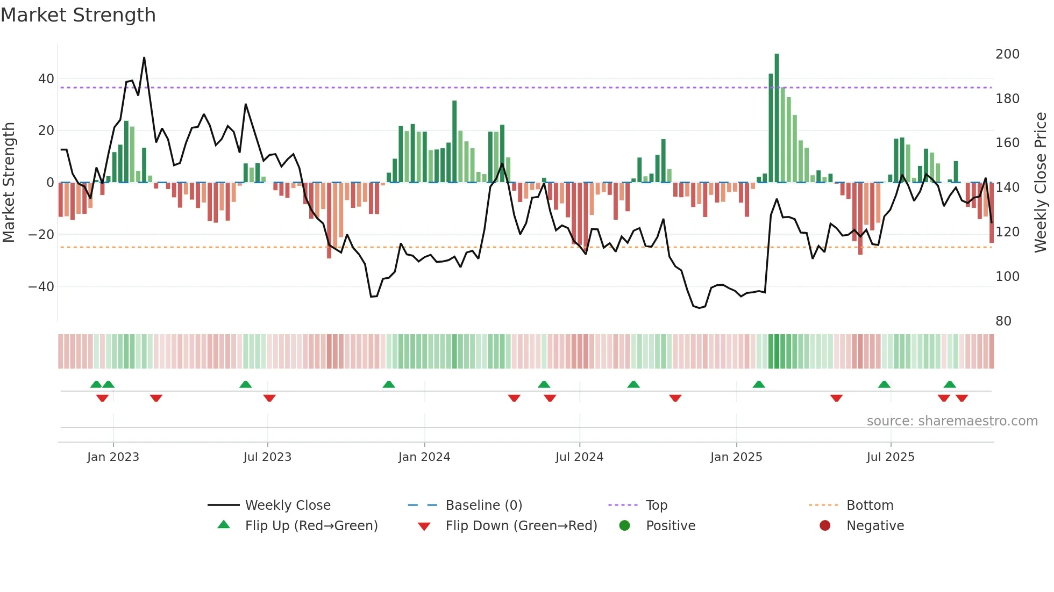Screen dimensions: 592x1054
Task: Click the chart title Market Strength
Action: pyautogui.click(x=79, y=15)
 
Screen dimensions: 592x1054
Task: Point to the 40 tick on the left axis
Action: pyautogui.click(x=46, y=79)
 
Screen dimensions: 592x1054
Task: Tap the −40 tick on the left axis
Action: pyautogui.click(x=41, y=287)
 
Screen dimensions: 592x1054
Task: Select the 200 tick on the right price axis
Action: pyautogui.click(x=1007, y=54)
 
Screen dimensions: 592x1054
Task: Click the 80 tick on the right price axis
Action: pyautogui.click(x=1003, y=321)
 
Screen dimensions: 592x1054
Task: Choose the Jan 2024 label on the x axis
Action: pyautogui.click(x=424, y=457)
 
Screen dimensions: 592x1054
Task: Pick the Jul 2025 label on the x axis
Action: pyautogui.click(x=891, y=457)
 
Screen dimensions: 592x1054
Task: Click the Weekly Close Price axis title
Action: pyautogui.click(x=1041, y=183)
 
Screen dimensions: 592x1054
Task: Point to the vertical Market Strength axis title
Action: pyautogui.click(x=9, y=183)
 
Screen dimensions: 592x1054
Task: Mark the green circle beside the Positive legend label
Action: pyautogui.click(x=624, y=525)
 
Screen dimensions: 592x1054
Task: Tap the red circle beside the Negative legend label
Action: pyautogui.click(x=825, y=525)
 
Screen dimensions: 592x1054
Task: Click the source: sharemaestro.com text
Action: pyautogui.click(x=952, y=421)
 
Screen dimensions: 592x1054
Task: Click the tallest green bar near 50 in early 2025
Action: pyautogui.click(x=777, y=118)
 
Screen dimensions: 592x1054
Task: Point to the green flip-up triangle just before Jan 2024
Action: pyautogui.click(x=389, y=384)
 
